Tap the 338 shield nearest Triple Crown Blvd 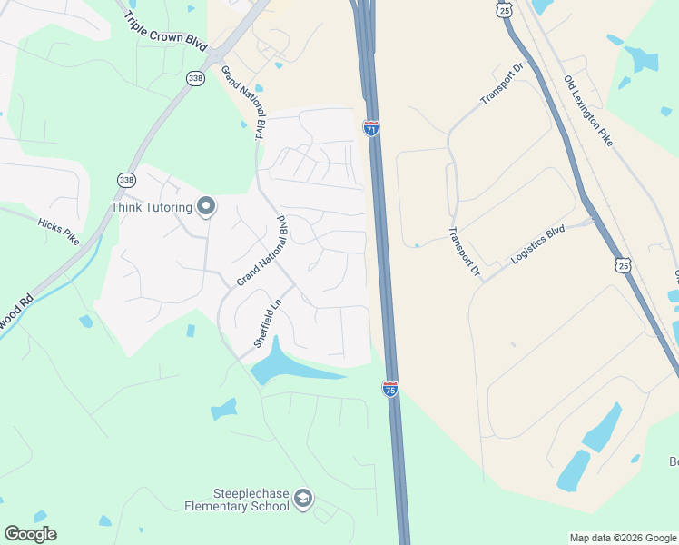[x=195, y=79]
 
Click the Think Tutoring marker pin [x=206, y=207]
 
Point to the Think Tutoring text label [x=152, y=208]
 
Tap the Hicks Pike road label [x=58, y=232]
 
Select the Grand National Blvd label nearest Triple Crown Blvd [x=243, y=101]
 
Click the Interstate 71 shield [x=370, y=127]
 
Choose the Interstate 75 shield [x=390, y=388]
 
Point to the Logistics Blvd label [x=537, y=244]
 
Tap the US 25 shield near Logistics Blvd [x=622, y=264]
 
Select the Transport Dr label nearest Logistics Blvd [x=462, y=251]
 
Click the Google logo [x=30, y=534]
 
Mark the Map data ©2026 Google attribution [x=623, y=538]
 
